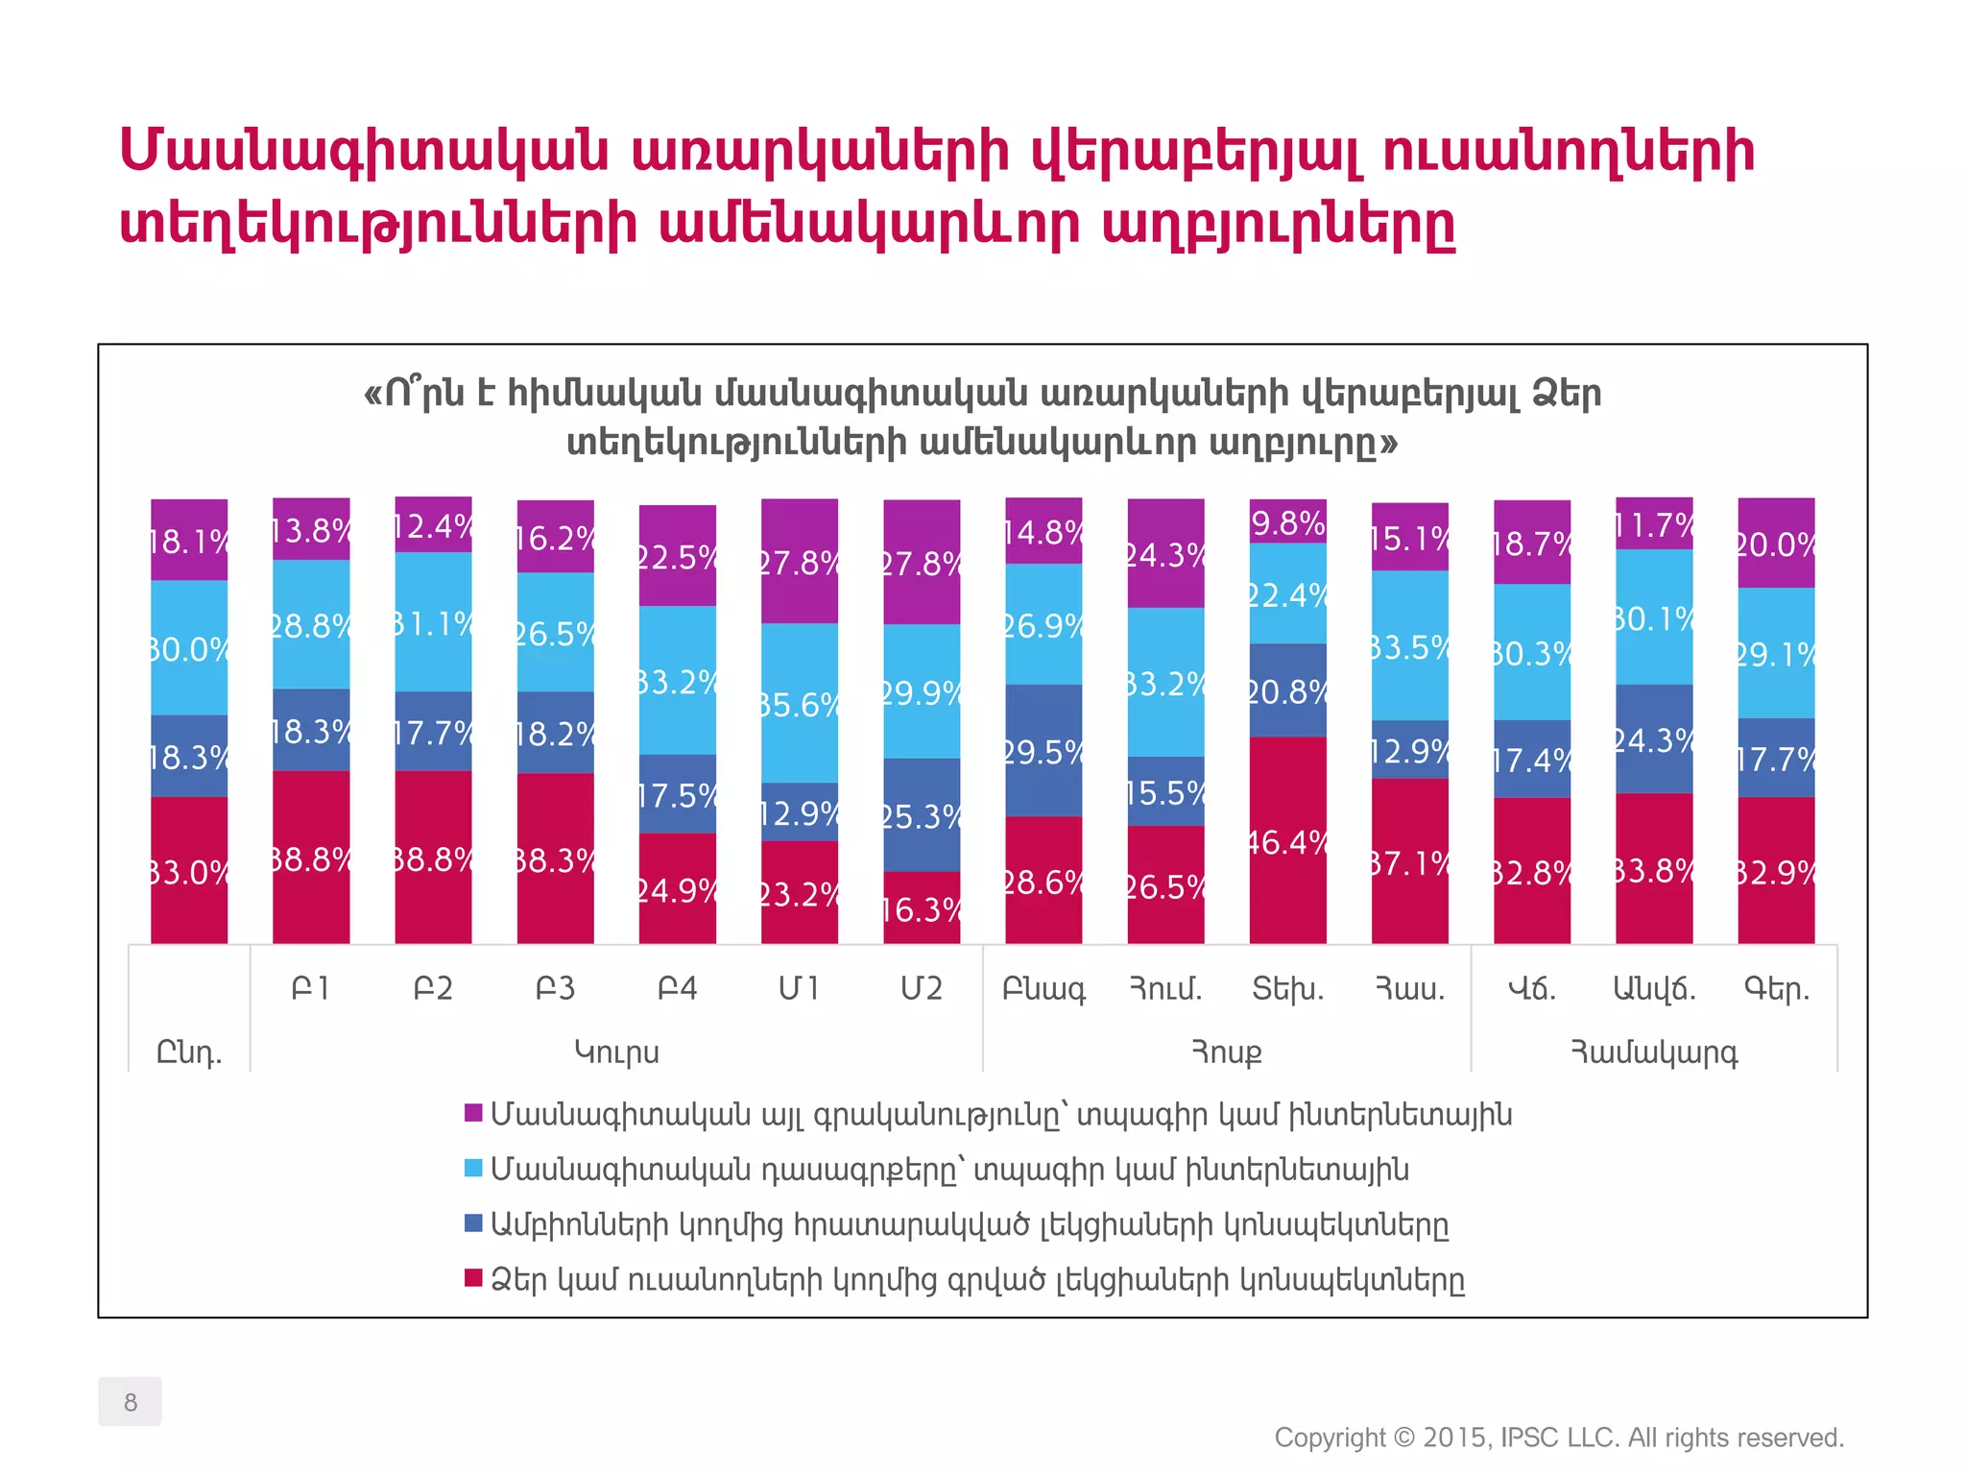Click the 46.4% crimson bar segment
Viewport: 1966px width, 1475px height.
(1287, 840)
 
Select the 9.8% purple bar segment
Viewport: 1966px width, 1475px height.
(1287, 521)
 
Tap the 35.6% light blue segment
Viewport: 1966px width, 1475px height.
(799, 703)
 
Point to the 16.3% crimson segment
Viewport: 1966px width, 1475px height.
(922, 907)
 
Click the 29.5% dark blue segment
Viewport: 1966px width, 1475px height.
(1043, 750)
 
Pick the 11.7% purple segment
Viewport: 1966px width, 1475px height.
(1654, 523)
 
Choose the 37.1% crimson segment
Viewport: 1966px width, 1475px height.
(1409, 860)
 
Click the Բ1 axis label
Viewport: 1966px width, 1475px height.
(311, 988)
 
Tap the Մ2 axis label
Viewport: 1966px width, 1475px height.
(922, 988)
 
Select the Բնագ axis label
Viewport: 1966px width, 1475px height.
(1043, 989)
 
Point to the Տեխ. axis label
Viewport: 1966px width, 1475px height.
(1287, 988)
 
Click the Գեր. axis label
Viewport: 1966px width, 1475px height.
(1777, 989)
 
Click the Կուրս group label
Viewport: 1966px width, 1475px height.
(616, 1052)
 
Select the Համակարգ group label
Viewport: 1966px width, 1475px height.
(1654, 1052)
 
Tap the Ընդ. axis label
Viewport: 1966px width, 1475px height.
(189, 1053)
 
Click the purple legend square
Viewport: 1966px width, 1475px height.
(473, 1113)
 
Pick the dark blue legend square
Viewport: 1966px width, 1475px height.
(473, 1223)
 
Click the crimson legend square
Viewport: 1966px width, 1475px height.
(473, 1278)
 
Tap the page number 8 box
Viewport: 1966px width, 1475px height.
(130, 1401)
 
